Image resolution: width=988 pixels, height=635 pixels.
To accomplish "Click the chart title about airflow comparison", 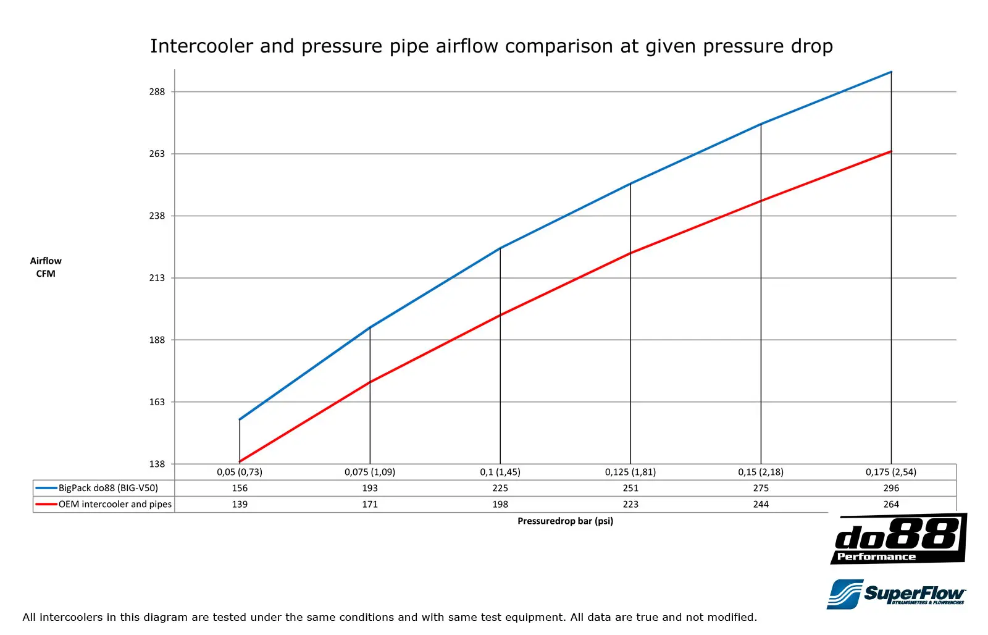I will (492, 46).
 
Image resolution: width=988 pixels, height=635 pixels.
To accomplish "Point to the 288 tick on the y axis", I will (157, 92).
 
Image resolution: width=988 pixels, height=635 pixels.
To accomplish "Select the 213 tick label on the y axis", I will (157, 278).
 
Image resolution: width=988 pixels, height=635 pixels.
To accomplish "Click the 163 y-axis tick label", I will (157, 402).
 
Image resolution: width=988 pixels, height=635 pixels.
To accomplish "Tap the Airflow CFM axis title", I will (46, 267).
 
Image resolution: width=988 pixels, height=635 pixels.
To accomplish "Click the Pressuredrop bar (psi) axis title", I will (565, 521).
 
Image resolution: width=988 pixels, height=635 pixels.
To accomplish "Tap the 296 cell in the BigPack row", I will (891, 488).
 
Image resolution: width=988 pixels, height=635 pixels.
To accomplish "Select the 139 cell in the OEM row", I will (240, 504).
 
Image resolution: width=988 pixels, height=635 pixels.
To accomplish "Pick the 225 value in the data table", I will (500, 488).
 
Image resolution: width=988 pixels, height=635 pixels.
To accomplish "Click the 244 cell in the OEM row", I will (761, 504).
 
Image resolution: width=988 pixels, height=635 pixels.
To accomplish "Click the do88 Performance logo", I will (898, 539).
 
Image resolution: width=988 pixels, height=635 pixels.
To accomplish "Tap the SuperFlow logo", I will (897, 594).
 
